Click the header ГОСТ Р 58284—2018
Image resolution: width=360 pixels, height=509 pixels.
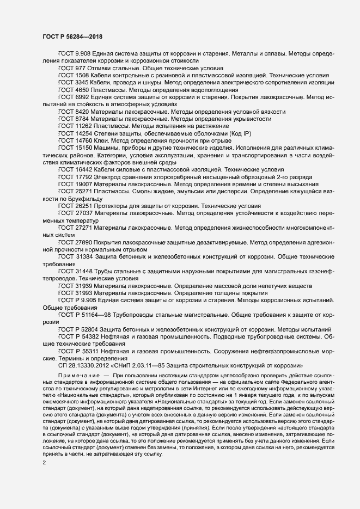click(x=72, y=36)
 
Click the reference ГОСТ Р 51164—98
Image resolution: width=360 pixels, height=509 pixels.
click(x=87, y=315)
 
